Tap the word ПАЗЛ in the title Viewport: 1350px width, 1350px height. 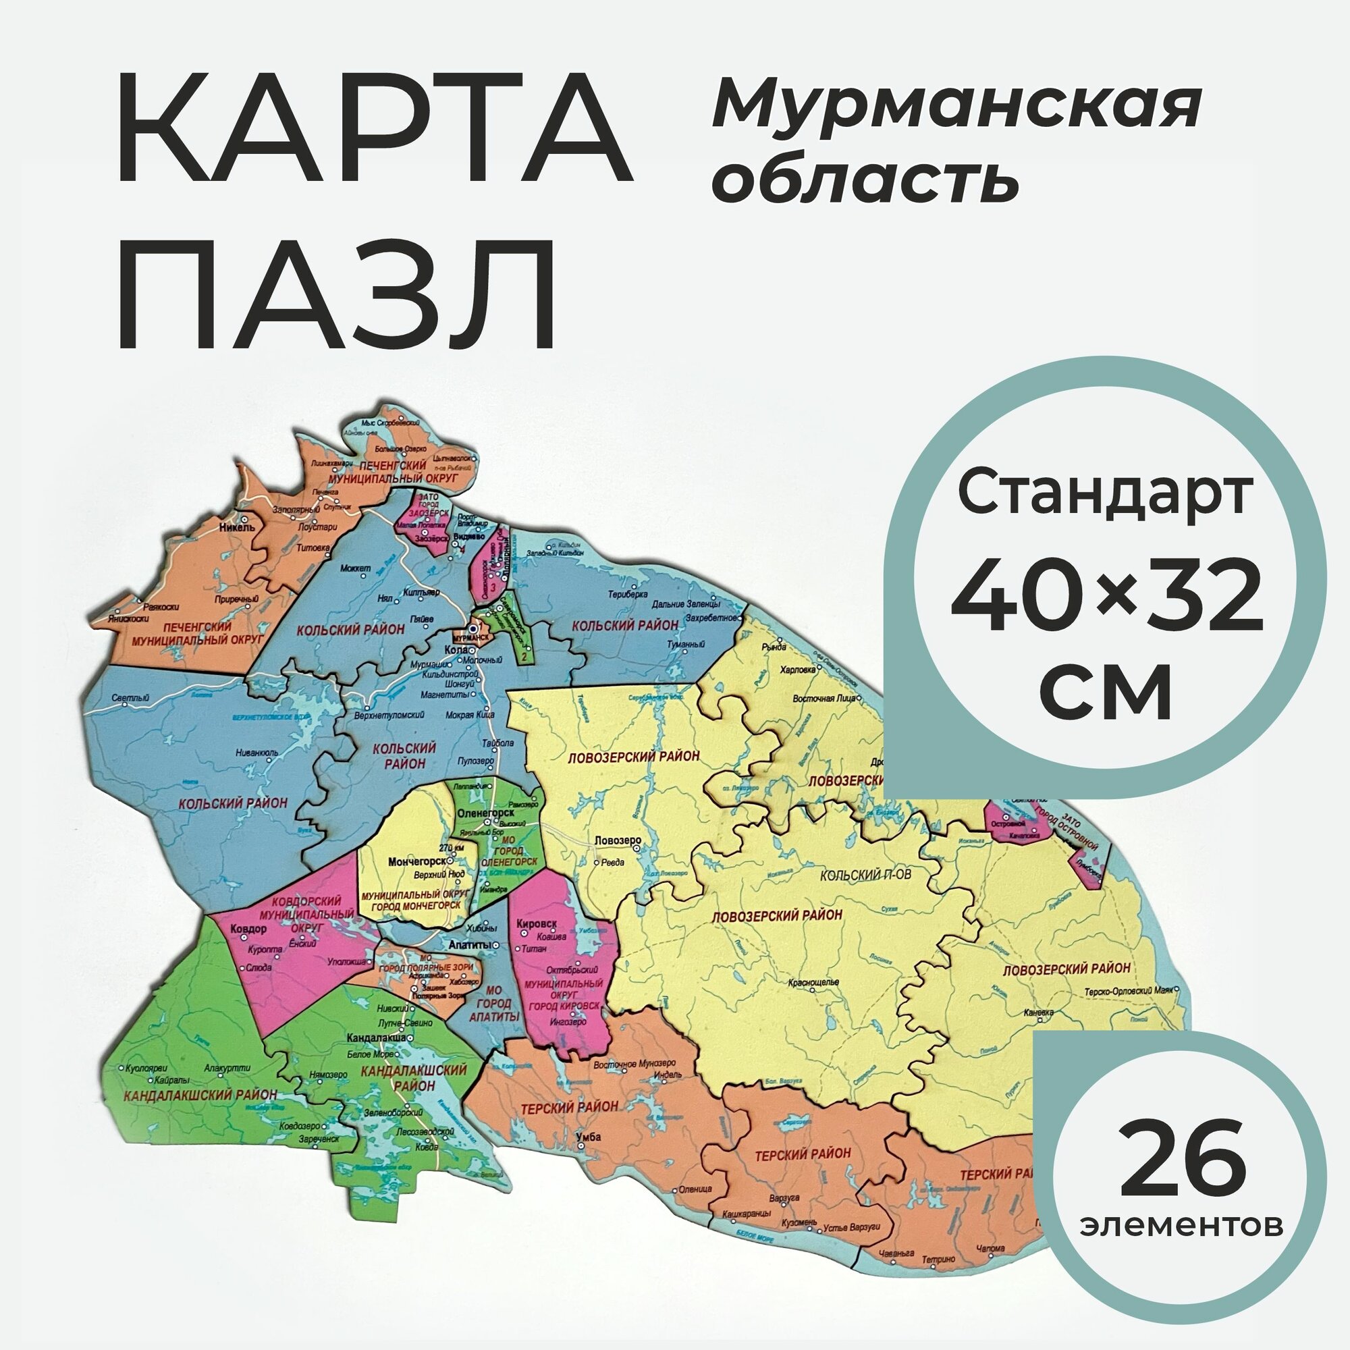335,293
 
